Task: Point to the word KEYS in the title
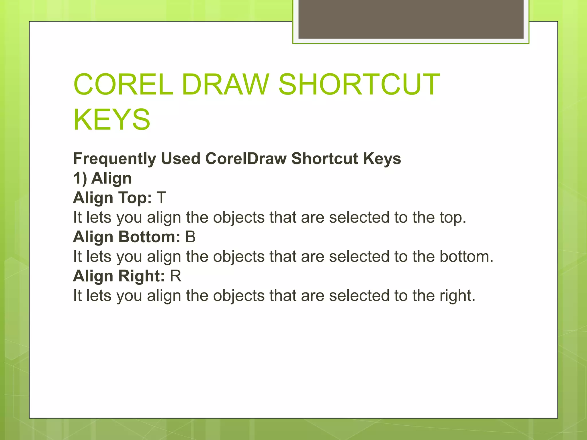[x=112, y=119]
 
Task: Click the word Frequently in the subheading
[x=115, y=159]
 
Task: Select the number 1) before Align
[x=80, y=178]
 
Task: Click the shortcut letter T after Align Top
[x=161, y=198]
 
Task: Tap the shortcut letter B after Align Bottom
[x=190, y=237]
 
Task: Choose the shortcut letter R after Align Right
[x=176, y=276]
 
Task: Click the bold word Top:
[x=135, y=198]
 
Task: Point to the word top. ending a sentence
[x=453, y=218]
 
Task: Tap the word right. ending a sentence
[x=457, y=296]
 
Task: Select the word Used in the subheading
[x=181, y=158]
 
